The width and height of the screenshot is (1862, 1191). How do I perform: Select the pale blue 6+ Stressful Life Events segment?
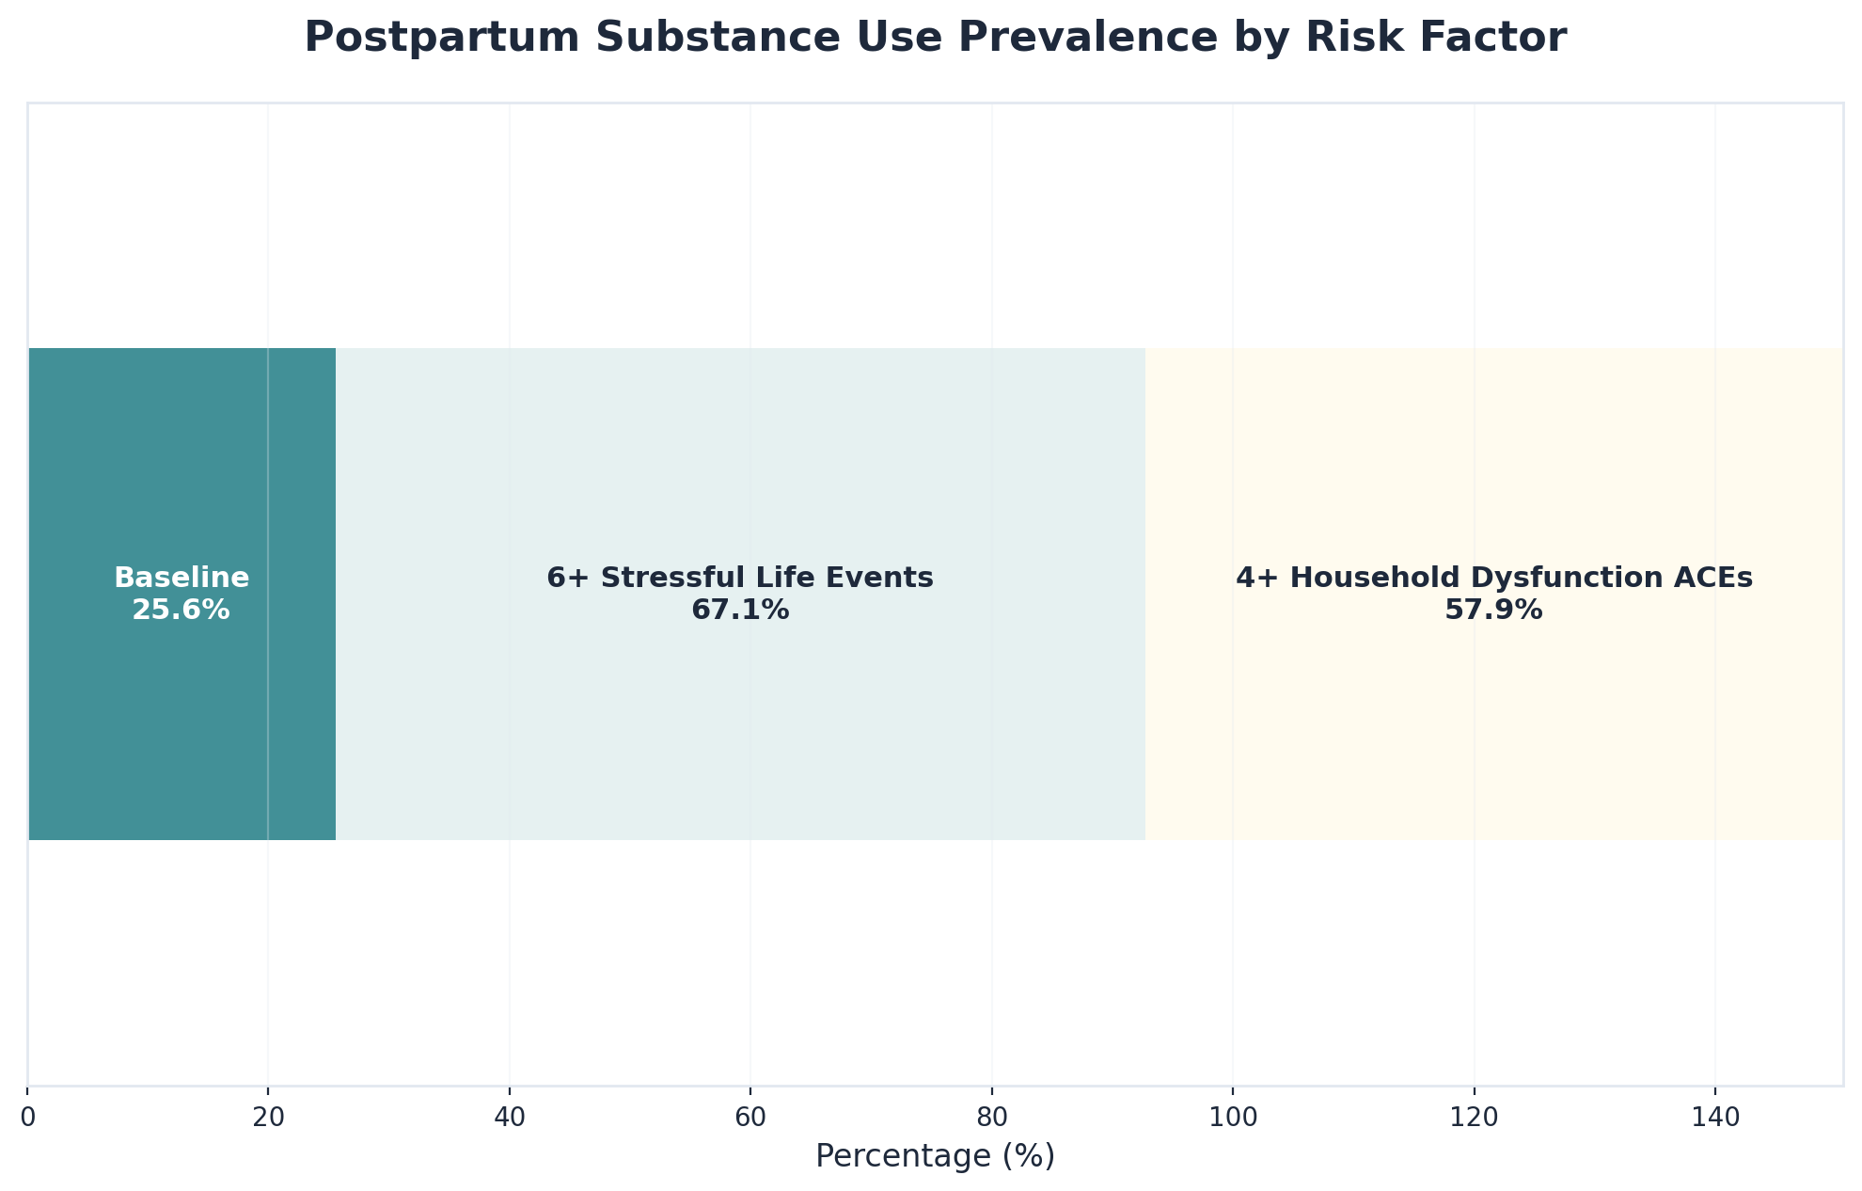click(740, 715)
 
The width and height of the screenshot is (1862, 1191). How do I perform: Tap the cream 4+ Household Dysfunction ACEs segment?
click(1493, 715)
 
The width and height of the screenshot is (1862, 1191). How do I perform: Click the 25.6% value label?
click(181, 611)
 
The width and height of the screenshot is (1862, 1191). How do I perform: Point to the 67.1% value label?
click(740, 611)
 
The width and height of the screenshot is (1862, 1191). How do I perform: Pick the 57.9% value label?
click(1493, 611)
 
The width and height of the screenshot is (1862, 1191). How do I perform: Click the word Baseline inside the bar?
click(181, 578)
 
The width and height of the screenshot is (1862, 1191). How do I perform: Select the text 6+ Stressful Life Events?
click(740, 578)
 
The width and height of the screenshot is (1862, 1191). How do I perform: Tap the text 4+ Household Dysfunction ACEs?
click(1493, 578)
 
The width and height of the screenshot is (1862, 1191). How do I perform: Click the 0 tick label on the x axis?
click(28, 1116)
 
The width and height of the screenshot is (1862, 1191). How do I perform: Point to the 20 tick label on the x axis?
click(268, 1116)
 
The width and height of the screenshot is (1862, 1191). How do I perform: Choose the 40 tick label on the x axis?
click(509, 1116)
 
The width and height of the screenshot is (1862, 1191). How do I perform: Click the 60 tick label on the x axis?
click(750, 1116)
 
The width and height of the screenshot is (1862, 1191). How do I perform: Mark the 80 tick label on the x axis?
click(991, 1116)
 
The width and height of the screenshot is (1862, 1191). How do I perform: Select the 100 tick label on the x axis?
click(1232, 1116)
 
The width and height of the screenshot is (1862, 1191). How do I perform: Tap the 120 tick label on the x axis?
click(1474, 1116)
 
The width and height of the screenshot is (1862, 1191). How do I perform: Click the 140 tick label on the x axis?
click(1714, 1116)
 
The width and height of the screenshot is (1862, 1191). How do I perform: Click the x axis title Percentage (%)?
click(935, 1156)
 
